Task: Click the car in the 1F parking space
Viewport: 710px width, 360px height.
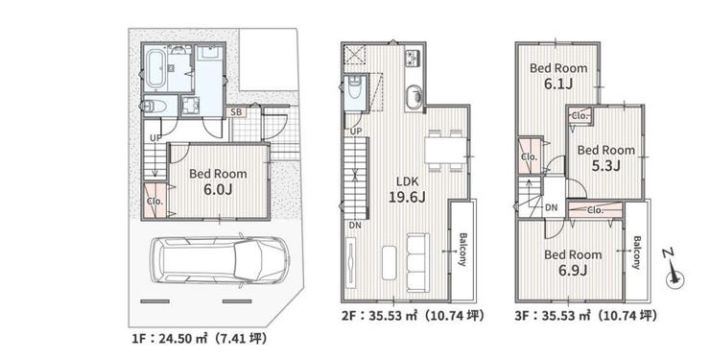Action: coord(220,260)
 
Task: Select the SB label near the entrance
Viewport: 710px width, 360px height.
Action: coord(236,112)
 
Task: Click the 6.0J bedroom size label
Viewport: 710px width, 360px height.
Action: coord(218,189)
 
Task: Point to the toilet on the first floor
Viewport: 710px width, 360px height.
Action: coord(154,107)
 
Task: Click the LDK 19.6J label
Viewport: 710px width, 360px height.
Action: coord(407,190)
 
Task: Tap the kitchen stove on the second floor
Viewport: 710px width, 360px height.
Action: coord(414,57)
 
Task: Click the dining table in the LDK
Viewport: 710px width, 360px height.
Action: coord(444,151)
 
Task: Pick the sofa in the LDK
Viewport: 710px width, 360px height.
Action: coord(418,263)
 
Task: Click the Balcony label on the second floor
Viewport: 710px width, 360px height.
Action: coord(462,249)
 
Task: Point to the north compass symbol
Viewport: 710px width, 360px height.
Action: coord(674,273)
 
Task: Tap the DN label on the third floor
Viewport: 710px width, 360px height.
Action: coord(551,208)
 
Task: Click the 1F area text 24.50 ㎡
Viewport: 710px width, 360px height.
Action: coord(177,338)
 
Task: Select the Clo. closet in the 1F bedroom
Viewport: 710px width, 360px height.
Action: coord(154,202)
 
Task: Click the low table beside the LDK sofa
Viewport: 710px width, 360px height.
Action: coord(390,263)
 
